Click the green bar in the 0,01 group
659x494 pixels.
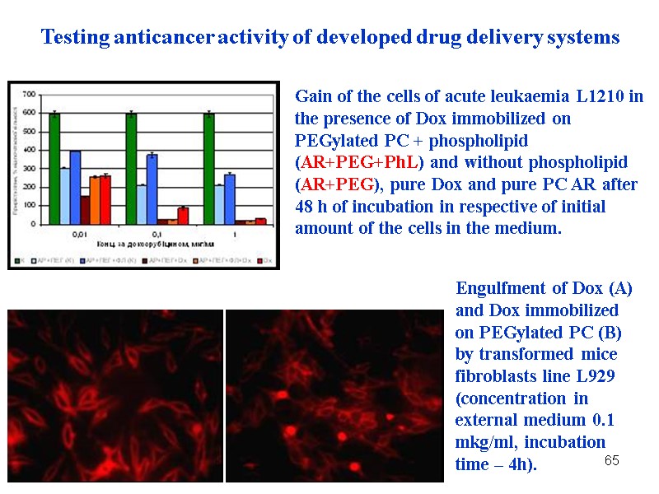click(x=54, y=169)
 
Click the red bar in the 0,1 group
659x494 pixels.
click(x=183, y=216)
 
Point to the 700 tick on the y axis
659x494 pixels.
click(x=29, y=93)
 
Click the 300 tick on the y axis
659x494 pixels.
click(x=29, y=168)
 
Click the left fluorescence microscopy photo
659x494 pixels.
click(x=115, y=395)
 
